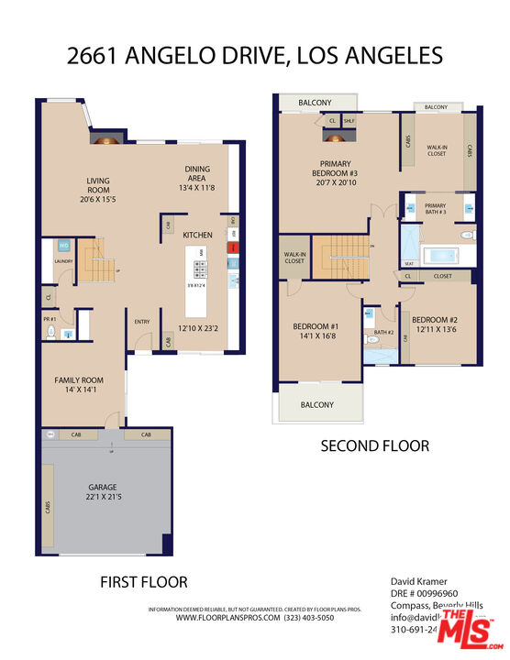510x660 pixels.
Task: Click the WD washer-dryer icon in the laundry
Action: (x=65, y=246)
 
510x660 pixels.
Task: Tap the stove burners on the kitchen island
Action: (x=199, y=268)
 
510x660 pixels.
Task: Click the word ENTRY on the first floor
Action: (x=143, y=322)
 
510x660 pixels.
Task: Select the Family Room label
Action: (x=78, y=379)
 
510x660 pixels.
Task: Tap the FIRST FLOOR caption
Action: (x=143, y=581)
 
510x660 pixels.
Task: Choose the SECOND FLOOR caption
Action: (x=374, y=446)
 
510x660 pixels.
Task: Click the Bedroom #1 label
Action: (x=316, y=326)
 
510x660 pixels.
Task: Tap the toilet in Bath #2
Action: (x=371, y=340)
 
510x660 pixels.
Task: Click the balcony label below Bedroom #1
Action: (x=317, y=404)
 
